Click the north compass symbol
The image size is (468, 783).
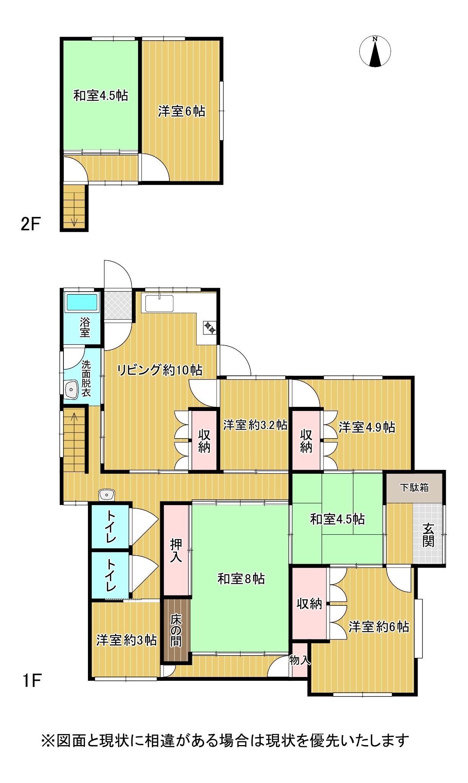pyautogui.click(x=375, y=52)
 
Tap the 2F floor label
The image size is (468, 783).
pyautogui.click(x=30, y=224)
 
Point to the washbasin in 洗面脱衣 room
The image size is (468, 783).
pyautogui.click(x=71, y=390)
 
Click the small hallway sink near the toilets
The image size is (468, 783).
pyautogui.click(x=106, y=494)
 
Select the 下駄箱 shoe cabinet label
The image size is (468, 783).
pyautogui.click(x=414, y=488)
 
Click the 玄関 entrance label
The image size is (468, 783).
pyautogui.click(x=428, y=535)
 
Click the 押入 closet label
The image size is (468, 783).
pyautogui.click(x=176, y=550)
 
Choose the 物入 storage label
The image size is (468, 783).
pyautogui.click(x=300, y=660)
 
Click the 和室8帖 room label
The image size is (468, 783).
pyautogui.click(x=241, y=579)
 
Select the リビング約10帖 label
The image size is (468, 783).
pyautogui.click(x=159, y=370)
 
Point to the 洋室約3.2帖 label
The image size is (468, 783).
pyautogui.click(x=255, y=425)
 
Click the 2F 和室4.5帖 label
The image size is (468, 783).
pyautogui.click(x=101, y=95)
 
